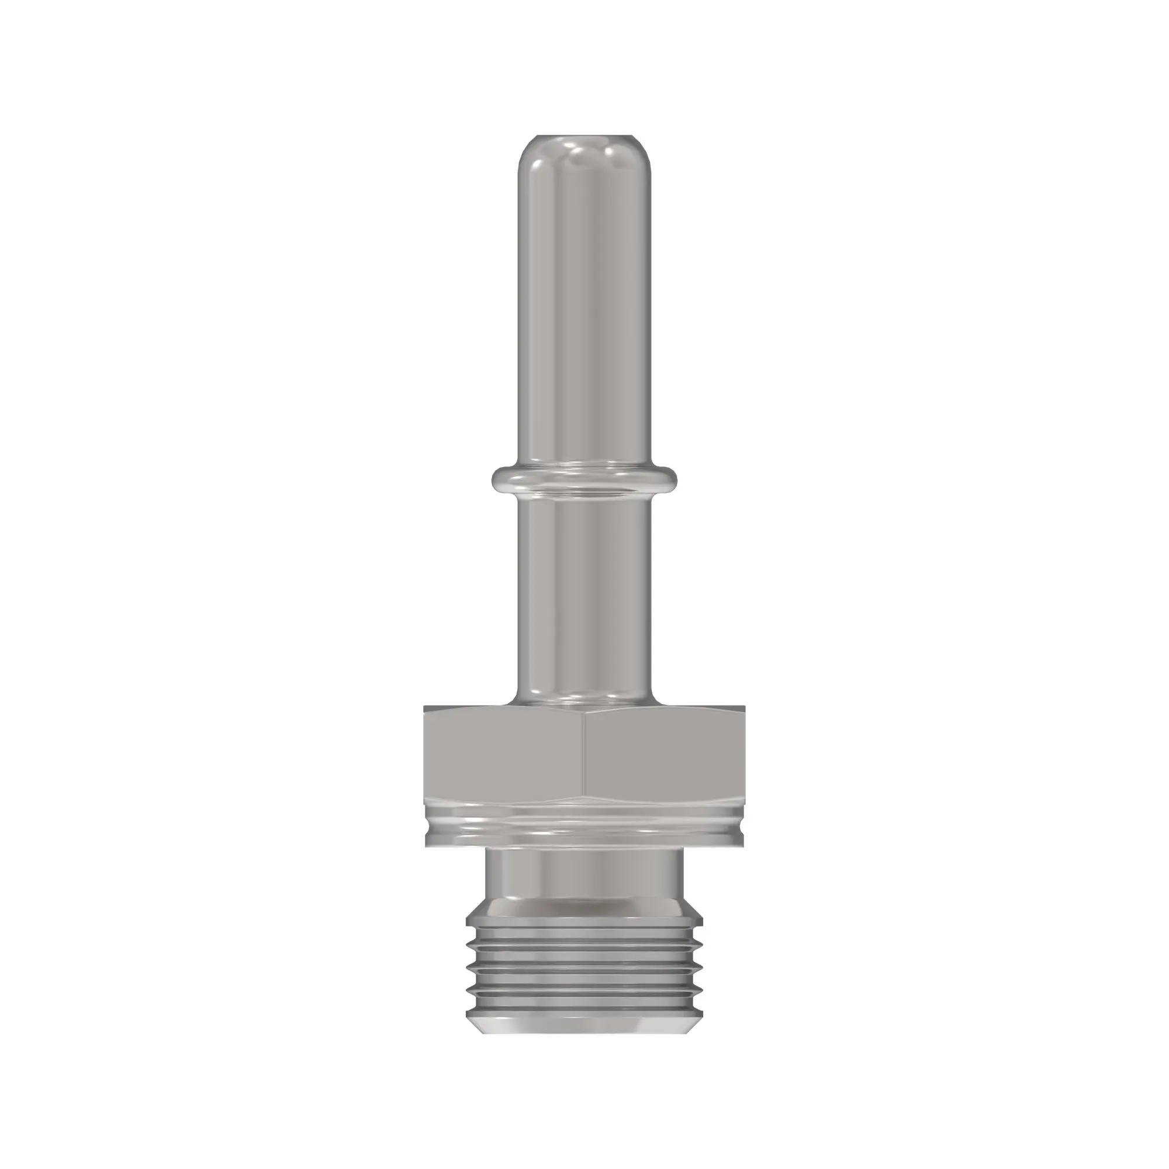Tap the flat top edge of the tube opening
(584, 136)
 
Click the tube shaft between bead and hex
(584, 593)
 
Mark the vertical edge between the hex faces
(584, 753)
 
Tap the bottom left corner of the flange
(427, 845)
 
